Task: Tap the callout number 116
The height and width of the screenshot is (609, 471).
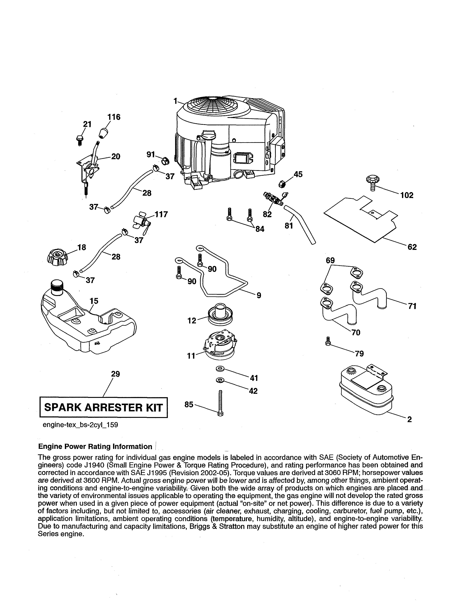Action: [114, 117]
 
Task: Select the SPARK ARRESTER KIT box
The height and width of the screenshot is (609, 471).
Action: [103, 407]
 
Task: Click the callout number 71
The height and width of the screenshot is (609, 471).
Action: [412, 306]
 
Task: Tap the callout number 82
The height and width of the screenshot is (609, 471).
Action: [267, 214]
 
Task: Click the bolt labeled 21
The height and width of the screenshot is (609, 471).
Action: [79, 139]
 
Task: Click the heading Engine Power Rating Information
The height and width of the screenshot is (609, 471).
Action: [95, 446]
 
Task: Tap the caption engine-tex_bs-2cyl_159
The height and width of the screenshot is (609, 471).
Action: [80, 425]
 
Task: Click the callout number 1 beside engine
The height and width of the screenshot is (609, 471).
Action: [175, 101]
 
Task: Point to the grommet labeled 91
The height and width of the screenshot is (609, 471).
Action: [165, 160]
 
